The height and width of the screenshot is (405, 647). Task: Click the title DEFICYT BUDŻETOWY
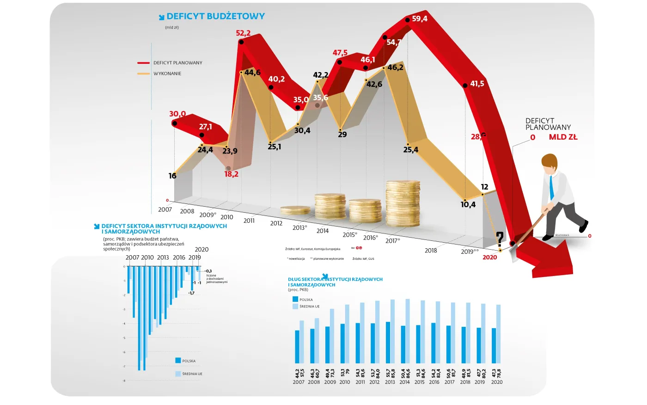[215, 16]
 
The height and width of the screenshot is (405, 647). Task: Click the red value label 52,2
[243, 33]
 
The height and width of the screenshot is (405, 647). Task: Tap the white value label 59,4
[420, 19]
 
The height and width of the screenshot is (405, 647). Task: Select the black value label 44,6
[252, 73]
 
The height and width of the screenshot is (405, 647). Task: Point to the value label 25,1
[274, 147]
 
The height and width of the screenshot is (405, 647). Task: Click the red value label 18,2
[231, 174]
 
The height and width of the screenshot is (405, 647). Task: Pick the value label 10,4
[468, 205]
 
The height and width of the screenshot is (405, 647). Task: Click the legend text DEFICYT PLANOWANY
[178, 63]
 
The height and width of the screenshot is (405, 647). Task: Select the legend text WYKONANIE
[167, 74]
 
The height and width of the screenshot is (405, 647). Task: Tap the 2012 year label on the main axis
[276, 223]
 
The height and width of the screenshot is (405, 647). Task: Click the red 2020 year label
[490, 258]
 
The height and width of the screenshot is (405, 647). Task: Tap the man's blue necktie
[552, 187]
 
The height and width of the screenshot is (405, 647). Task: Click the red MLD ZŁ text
[563, 137]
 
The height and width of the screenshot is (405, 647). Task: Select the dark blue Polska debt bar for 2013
[388, 343]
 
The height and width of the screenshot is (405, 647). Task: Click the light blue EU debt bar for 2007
[302, 342]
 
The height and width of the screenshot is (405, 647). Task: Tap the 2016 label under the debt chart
[434, 382]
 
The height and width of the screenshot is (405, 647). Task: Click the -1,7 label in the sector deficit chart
[191, 293]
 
